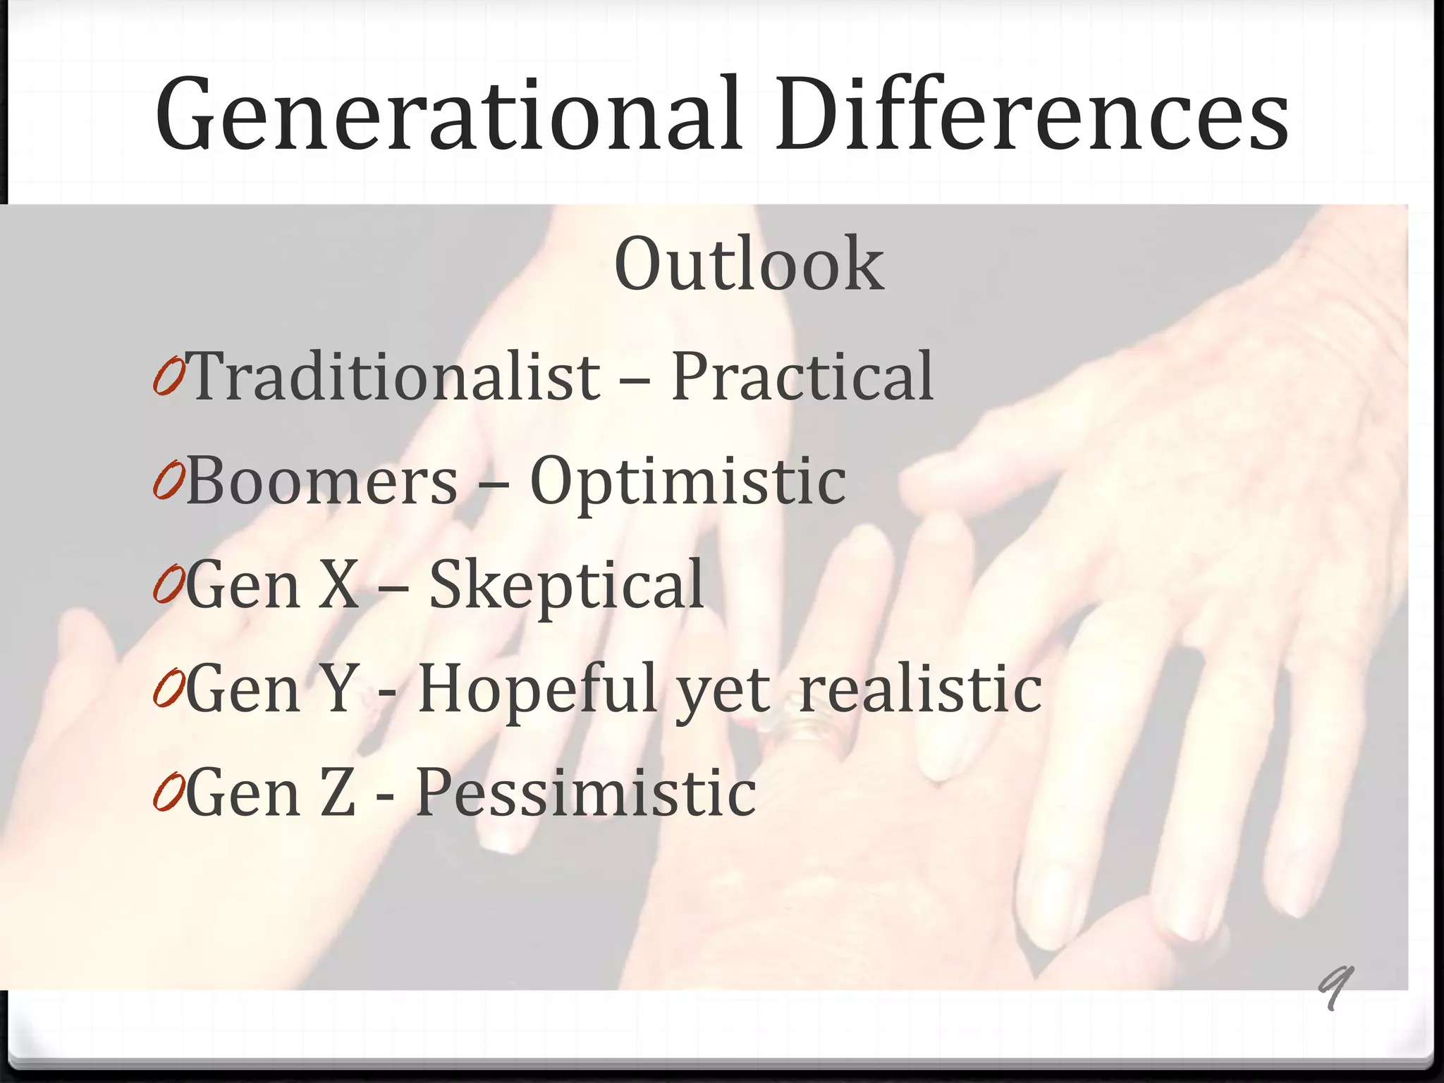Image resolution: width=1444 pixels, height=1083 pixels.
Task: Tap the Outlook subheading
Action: pos(749,264)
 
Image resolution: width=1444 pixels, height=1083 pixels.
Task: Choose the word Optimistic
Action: pos(687,482)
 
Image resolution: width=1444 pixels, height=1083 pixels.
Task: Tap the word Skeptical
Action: pos(566,585)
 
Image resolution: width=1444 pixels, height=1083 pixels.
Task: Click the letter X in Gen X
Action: pos(339,585)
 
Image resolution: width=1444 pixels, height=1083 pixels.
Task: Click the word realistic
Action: pos(919,689)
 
